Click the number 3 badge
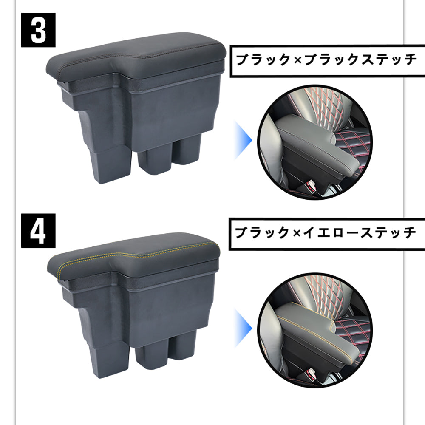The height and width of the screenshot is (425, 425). pyautogui.click(x=38, y=30)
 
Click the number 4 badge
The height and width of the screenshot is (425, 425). pyautogui.click(x=38, y=230)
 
